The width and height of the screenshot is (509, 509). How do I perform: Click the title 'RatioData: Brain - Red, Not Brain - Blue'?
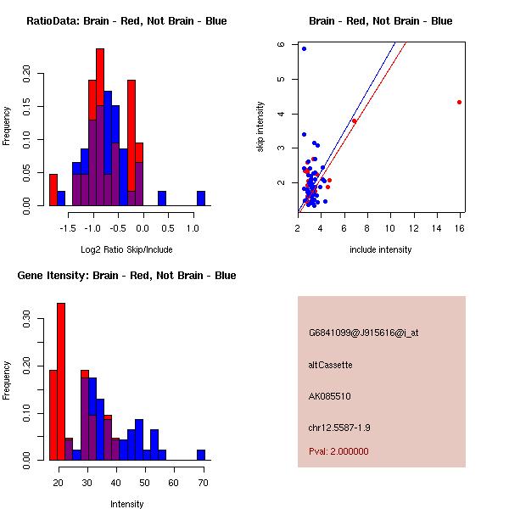[126, 21]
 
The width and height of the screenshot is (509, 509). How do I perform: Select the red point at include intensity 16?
[459, 102]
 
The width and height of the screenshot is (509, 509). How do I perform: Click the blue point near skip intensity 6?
[304, 48]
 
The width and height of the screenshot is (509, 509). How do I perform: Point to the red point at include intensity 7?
[354, 120]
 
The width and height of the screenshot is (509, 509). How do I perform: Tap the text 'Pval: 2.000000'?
[338, 451]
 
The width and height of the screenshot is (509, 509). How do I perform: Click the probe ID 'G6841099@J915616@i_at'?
[364, 333]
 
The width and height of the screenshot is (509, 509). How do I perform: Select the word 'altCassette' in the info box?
[331, 365]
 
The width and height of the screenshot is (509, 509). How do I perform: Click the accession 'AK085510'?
[330, 396]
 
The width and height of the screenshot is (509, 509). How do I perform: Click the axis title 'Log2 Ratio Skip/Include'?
[126, 249]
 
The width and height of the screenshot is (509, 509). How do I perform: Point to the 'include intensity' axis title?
[381, 249]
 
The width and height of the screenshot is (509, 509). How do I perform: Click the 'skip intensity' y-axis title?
[261, 127]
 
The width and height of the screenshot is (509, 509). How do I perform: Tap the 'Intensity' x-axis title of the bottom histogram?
[127, 504]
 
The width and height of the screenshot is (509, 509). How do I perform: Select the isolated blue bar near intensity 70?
[201, 455]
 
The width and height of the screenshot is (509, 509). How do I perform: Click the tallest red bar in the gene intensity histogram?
[61, 382]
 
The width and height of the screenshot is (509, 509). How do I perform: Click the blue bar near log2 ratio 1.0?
[201, 199]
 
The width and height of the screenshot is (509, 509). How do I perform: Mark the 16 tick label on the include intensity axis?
[459, 228]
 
